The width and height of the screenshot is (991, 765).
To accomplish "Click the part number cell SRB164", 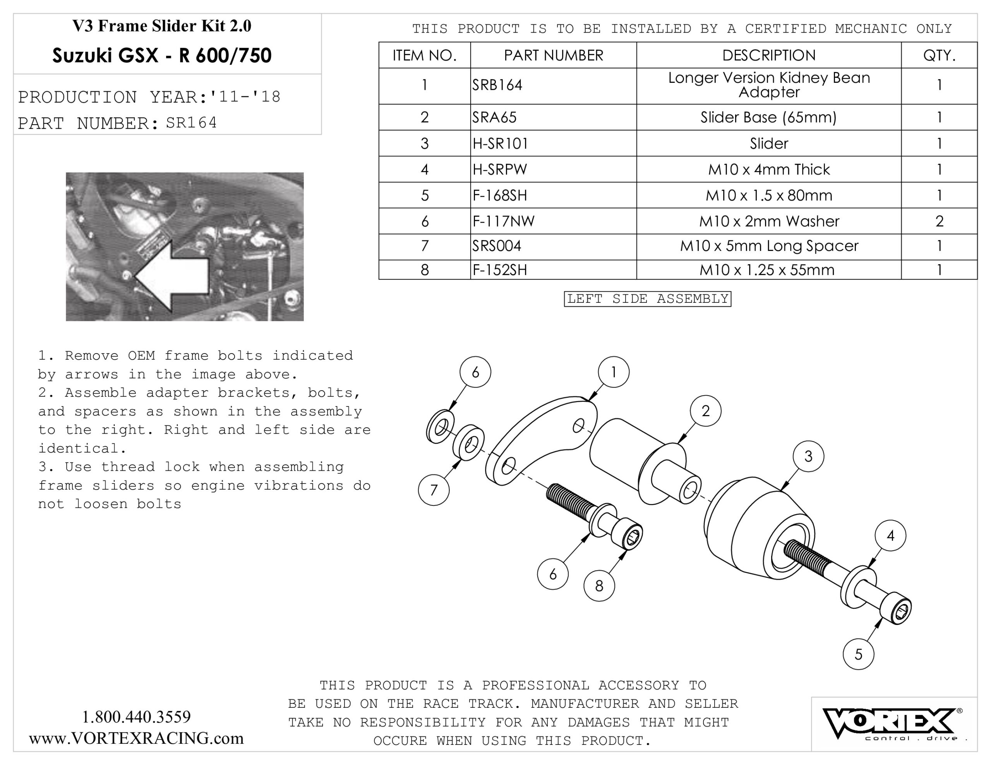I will pyautogui.click(x=497, y=85).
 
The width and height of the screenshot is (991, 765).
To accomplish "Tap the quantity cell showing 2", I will pyautogui.click(x=939, y=221).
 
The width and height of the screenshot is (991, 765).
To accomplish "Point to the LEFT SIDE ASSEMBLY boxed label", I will pyautogui.click(x=647, y=299).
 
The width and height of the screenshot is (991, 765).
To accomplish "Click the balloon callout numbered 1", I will pyautogui.click(x=614, y=372).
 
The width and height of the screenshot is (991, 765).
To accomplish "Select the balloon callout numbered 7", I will pyautogui.click(x=434, y=490).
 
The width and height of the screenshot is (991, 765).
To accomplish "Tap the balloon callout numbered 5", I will pyautogui.click(x=858, y=654).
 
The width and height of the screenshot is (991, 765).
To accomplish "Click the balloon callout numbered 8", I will pyautogui.click(x=599, y=586).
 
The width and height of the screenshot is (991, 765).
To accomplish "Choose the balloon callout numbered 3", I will pyautogui.click(x=808, y=456).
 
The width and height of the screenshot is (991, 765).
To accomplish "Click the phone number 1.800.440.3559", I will pyautogui.click(x=136, y=717).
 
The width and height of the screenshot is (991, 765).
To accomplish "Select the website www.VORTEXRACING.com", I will pyautogui.click(x=136, y=739).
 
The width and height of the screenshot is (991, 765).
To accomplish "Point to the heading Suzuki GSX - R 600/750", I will pyautogui.click(x=161, y=56).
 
